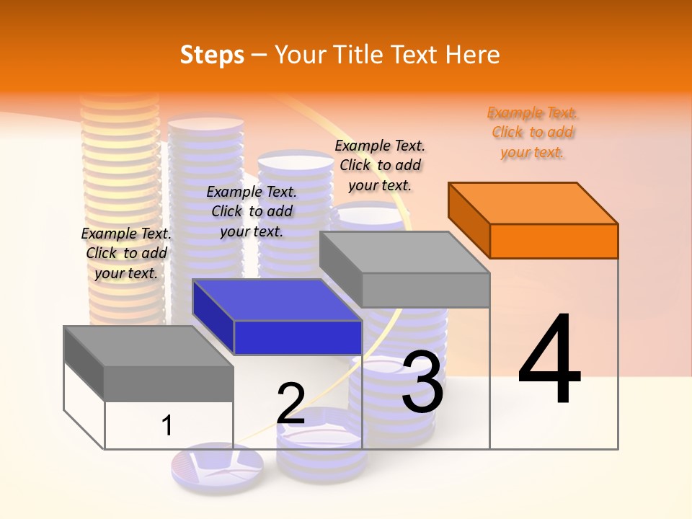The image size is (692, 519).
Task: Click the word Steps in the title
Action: pyautogui.click(x=212, y=55)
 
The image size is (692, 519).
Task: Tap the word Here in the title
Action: pyautogui.click(x=472, y=55)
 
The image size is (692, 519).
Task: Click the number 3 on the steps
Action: pyautogui.click(x=422, y=382)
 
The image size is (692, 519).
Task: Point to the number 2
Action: pyautogui.click(x=290, y=403)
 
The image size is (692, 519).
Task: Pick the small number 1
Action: pyautogui.click(x=167, y=425)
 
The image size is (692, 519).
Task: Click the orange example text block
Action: pyautogui.click(x=533, y=133)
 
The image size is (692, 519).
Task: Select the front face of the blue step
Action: pyautogui.click(x=298, y=337)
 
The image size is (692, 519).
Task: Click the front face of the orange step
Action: pyautogui.click(x=554, y=241)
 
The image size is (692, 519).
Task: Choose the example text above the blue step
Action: pyautogui.click(x=252, y=211)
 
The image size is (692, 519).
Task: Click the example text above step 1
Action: pyautogui.click(x=126, y=253)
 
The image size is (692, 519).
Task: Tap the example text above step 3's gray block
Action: pyautogui.click(x=380, y=165)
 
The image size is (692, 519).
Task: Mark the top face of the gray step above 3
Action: pyautogui.click(x=404, y=252)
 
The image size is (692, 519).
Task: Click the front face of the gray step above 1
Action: pyautogui.click(x=169, y=383)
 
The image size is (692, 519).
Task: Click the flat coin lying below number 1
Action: pyautogui.click(x=217, y=465)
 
